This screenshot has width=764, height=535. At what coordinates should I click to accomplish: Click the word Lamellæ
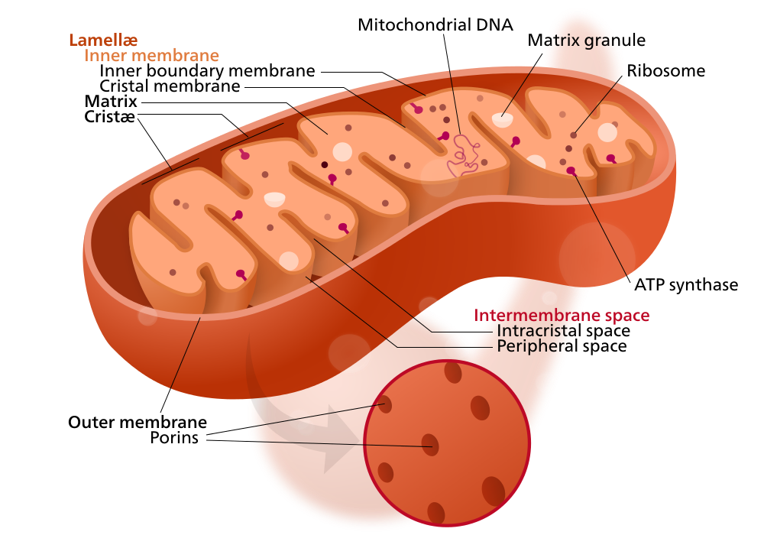(x=103, y=40)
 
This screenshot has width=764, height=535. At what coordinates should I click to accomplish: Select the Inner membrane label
(x=151, y=56)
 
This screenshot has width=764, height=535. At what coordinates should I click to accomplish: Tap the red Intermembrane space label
(x=562, y=315)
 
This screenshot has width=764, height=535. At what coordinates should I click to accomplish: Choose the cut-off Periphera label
(x=535, y=346)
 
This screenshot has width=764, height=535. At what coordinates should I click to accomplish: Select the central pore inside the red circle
(x=431, y=445)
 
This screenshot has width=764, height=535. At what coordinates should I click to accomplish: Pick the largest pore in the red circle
(x=494, y=491)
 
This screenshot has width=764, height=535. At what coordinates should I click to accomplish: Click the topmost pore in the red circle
(x=453, y=373)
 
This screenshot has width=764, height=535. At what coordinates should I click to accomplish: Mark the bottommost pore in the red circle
(x=435, y=513)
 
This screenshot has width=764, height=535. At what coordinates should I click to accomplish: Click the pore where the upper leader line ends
(x=386, y=404)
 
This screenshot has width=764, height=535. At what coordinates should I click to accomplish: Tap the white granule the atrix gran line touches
(x=502, y=119)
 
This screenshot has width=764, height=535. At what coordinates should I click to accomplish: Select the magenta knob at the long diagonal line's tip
(x=571, y=170)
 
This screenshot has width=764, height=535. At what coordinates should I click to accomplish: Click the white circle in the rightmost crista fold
(x=607, y=132)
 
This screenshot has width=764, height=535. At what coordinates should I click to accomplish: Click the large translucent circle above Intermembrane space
(x=597, y=256)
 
